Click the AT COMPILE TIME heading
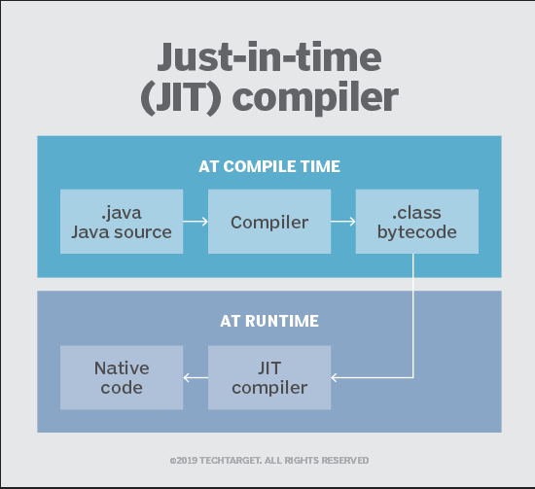pyautogui.click(x=269, y=166)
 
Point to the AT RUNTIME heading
pyautogui.click(x=269, y=321)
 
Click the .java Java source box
pyautogui.click(x=122, y=222)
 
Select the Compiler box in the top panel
pyautogui.click(x=269, y=222)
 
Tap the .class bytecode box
pyautogui.click(x=416, y=222)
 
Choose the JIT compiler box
pyautogui.click(x=269, y=378)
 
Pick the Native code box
pyautogui.click(x=122, y=378)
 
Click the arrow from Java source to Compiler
pyautogui.click(x=196, y=222)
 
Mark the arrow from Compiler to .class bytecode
pyautogui.click(x=342, y=222)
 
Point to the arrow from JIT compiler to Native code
pyautogui.click(x=196, y=378)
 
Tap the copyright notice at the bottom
pyautogui.click(x=268, y=460)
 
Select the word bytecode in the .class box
pyautogui.click(x=416, y=232)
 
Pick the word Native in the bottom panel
pyautogui.click(x=122, y=368)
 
